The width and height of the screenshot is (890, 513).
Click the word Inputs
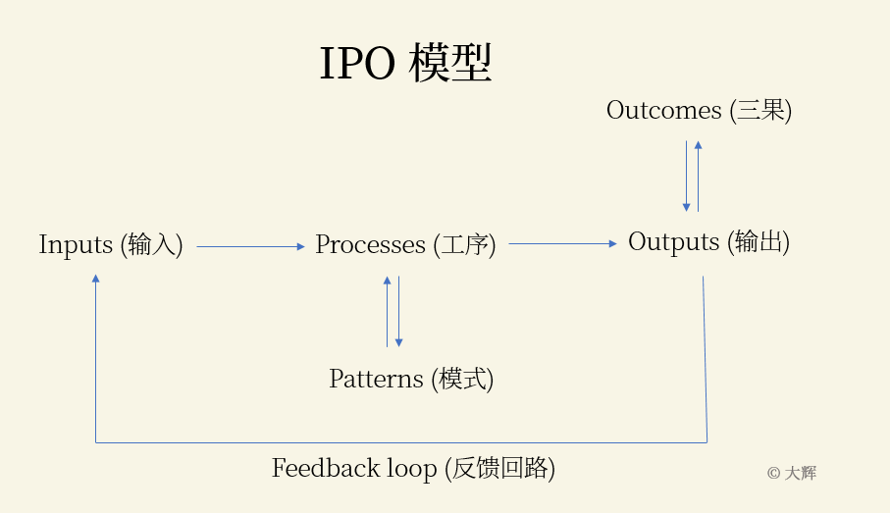76,245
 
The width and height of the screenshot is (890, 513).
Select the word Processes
370,245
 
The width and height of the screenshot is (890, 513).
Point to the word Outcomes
663,111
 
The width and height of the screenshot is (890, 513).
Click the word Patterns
376,380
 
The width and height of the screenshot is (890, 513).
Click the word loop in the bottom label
415,470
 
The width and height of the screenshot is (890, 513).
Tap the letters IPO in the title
357,65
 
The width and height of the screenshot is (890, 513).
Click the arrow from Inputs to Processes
250,247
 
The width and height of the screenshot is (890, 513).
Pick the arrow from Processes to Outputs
562,243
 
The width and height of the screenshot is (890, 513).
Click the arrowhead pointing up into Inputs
95,280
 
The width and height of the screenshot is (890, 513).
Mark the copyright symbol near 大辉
773,473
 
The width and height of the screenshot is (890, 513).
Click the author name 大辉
800,473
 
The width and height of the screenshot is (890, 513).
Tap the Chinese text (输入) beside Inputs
152,245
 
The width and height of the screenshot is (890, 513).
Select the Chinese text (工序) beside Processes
464,245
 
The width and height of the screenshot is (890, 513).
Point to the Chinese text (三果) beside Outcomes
760,111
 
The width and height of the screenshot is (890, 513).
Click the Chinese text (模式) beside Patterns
462,380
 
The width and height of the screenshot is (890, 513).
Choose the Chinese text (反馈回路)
500,470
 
